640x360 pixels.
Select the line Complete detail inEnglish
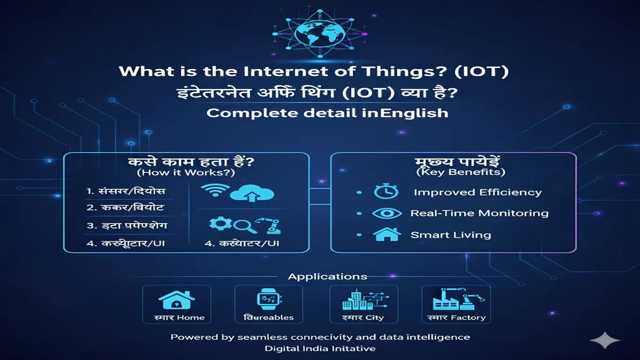(327, 113)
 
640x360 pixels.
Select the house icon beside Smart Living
(387, 235)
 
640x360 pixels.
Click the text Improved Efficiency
(477, 193)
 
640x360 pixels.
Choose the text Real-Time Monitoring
(479, 213)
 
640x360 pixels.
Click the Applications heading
(327, 276)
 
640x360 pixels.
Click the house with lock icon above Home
(176, 301)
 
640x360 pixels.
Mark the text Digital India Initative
(320, 348)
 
